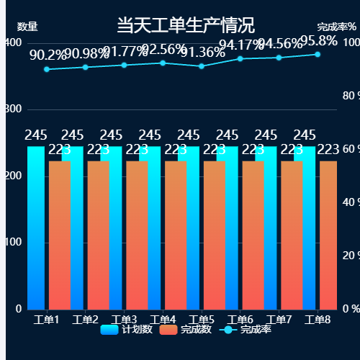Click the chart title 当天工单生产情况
[185, 27]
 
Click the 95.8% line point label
[318, 41]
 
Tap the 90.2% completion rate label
[47, 55]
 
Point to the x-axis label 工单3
[125, 320]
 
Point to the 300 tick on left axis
[14, 109]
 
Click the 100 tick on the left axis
[14, 243]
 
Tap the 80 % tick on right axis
[349, 96]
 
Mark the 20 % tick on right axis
[349, 256]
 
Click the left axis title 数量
[27, 27]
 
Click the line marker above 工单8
[318, 54]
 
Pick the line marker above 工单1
[47, 69]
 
